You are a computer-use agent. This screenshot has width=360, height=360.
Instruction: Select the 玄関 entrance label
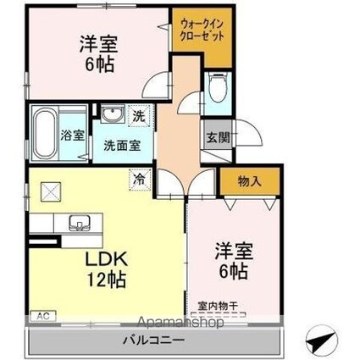tap(214, 136)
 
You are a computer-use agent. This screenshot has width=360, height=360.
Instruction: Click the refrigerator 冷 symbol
tap(137, 178)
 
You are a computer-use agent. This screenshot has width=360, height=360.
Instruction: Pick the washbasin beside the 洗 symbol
tap(111, 115)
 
